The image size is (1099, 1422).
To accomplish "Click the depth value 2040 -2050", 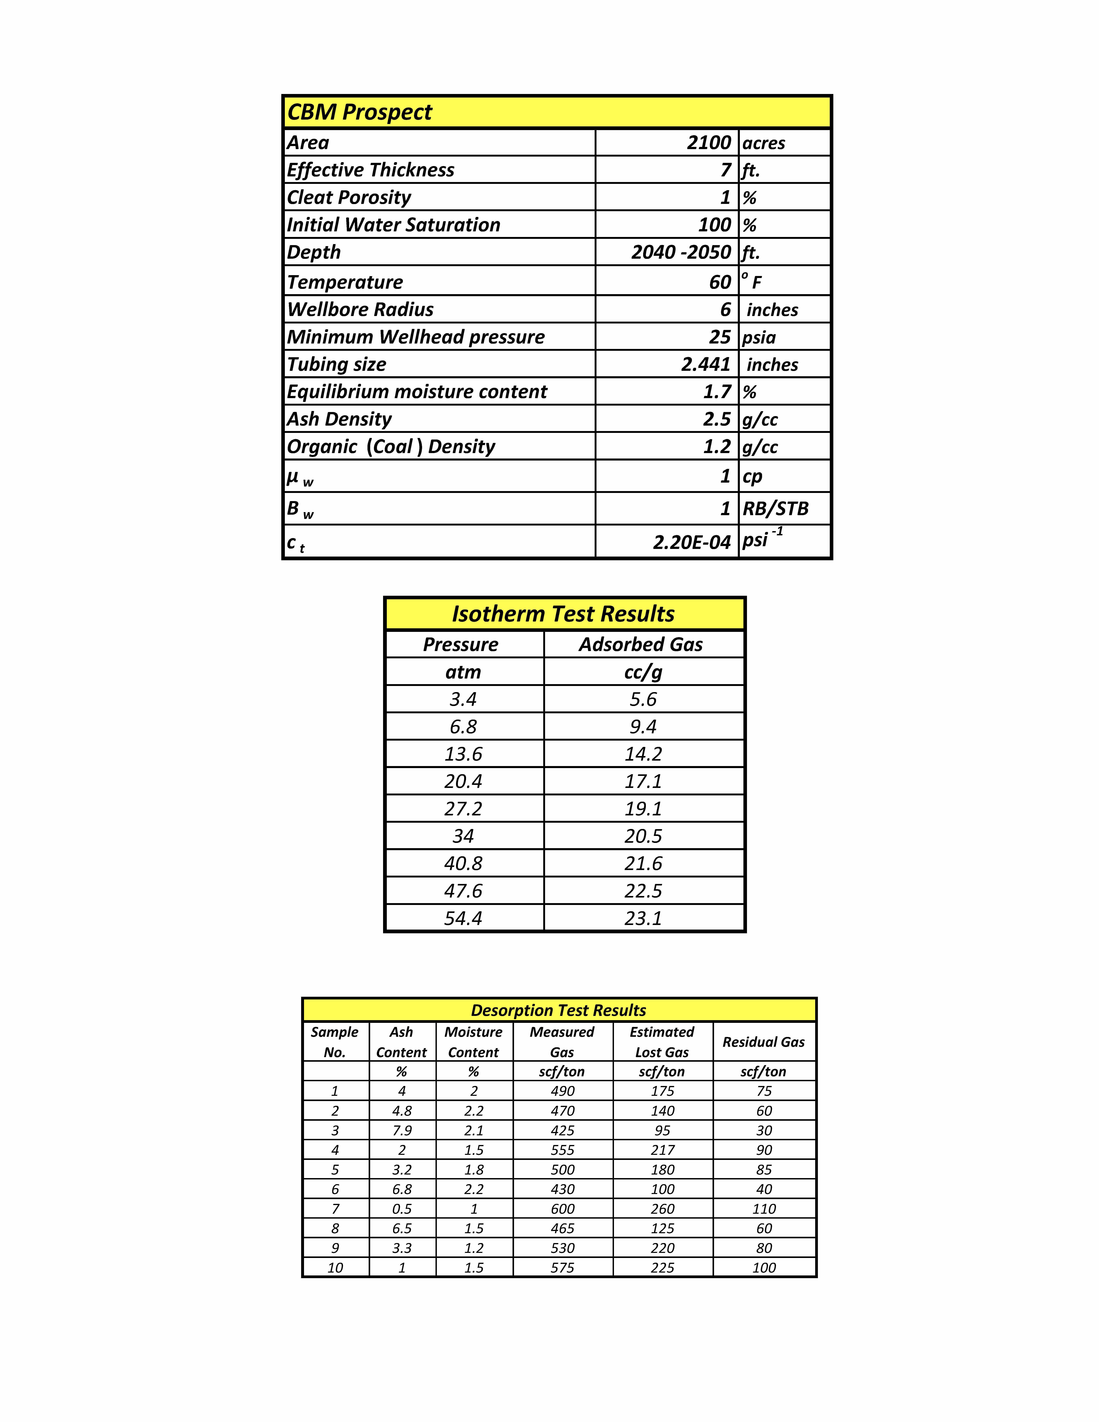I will click(x=680, y=252).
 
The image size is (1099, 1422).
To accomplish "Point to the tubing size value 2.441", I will click(x=706, y=364).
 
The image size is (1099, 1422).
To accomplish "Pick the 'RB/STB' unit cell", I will click(x=775, y=509).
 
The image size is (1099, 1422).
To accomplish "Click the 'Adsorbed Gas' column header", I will click(x=641, y=645).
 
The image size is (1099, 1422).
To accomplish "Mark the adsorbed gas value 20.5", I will click(x=643, y=836).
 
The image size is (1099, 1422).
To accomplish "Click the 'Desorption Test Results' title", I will click(x=559, y=1010).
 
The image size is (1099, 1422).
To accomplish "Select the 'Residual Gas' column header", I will click(x=764, y=1042).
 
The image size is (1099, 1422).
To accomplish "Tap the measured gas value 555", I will click(x=563, y=1150).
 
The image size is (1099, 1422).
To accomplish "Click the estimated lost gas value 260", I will click(x=662, y=1208).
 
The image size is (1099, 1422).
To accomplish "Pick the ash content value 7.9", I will click(x=402, y=1130).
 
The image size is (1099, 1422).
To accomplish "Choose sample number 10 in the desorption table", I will click(x=335, y=1267).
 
